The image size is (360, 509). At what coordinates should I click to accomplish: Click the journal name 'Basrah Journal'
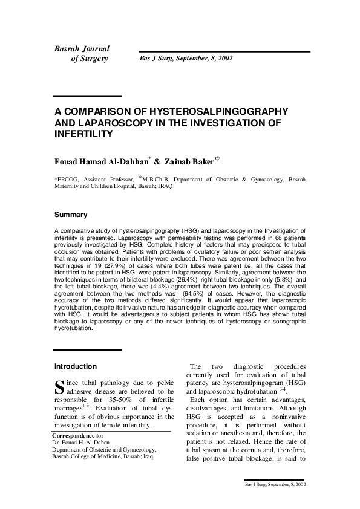[82, 48]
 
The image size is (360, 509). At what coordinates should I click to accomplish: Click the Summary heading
[71, 215]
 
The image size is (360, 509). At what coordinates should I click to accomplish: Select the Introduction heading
[76, 366]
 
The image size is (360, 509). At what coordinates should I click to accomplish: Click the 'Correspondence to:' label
[77, 435]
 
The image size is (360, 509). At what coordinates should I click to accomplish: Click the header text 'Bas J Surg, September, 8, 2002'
[186, 59]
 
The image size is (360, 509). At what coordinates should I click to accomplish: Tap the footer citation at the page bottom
[275, 485]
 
